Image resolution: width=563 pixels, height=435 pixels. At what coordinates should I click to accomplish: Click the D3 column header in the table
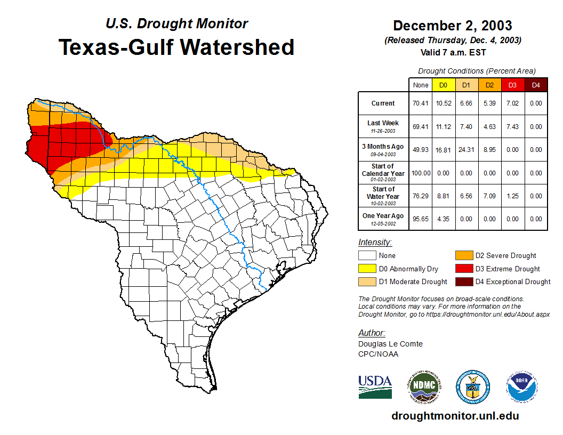point(512,85)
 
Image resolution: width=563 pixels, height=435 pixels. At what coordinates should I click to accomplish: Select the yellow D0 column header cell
point(443,85)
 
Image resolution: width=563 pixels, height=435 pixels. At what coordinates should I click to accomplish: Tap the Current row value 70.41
point(420,103)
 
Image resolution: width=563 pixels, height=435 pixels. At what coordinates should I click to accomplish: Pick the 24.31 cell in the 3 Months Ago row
point(466,150)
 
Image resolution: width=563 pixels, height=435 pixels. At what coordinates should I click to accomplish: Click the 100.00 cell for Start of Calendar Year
point(420,173)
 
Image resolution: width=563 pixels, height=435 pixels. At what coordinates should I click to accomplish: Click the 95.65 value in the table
point(420,219)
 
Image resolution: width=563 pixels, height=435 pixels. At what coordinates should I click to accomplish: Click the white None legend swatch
point(367,256)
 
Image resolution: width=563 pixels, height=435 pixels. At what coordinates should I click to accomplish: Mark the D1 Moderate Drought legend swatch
point(367,281)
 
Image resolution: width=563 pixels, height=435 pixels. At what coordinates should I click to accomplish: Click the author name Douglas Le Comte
point(390,344)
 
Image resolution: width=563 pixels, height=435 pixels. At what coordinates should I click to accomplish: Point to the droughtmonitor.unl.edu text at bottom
point(455,416)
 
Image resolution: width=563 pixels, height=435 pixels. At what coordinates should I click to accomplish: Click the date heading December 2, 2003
point(452,26)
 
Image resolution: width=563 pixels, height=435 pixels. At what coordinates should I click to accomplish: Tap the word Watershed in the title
point(237,47)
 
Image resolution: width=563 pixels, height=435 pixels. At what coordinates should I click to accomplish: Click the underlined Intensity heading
point(375,243)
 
